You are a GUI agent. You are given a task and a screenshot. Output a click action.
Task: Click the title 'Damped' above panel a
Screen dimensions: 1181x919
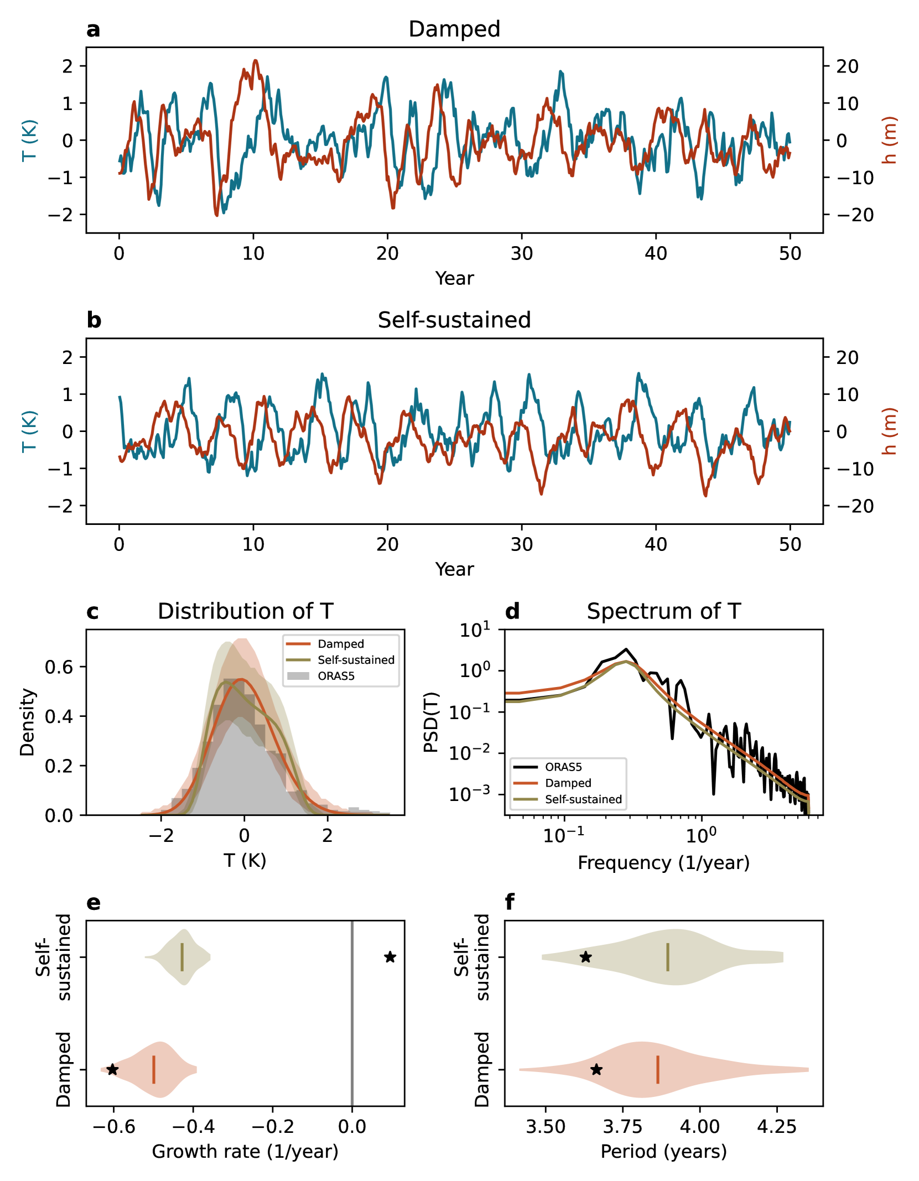point(454,29)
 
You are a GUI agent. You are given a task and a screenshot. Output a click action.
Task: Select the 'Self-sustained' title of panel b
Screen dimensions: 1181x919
point(454,320)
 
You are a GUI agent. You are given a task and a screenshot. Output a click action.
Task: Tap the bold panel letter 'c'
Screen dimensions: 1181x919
point(92,612)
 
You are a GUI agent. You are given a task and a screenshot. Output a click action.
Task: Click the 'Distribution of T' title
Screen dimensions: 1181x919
point(245,611)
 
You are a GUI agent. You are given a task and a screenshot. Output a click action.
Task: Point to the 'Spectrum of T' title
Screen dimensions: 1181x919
point(663,611)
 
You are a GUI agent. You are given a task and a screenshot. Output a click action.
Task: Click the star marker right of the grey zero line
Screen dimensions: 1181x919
point(390,957)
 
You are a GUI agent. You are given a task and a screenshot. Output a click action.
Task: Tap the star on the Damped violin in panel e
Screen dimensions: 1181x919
point(112,1069)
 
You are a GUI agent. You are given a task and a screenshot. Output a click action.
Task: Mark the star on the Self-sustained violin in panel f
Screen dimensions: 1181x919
point(585,957)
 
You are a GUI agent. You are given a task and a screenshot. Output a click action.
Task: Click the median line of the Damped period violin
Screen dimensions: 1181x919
point(657,1069)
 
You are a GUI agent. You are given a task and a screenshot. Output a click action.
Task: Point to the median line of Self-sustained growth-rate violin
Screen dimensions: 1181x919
point(182,957)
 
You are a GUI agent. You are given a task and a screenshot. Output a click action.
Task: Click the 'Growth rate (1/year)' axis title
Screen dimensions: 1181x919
point(245,1151)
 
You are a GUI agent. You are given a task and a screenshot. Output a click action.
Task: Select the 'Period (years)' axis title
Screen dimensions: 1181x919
point(663,1151)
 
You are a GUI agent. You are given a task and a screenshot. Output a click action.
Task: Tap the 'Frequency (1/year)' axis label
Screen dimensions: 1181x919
point(663,862)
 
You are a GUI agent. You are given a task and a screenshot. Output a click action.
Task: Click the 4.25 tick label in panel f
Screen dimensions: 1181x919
point(776,1127)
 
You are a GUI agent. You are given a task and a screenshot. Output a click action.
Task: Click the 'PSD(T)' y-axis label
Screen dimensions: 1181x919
point(431,722)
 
